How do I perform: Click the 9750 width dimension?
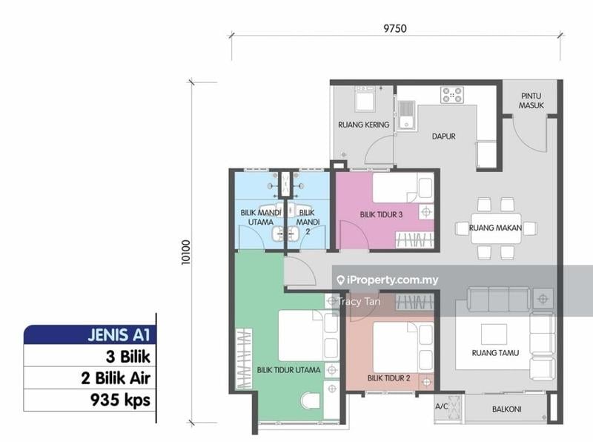tap(395, 28)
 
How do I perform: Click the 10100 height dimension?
tap(186, 252)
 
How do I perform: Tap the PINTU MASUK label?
tap(531, 101)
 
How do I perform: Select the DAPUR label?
tap(443, 136)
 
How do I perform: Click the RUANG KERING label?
tap(363, 125)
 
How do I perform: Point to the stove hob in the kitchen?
tap(452, 95)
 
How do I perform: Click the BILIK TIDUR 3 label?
tap(381, 214)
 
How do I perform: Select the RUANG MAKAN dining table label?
tap(495, 228)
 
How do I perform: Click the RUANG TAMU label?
tap(495, 353)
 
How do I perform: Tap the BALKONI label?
tap(506, 409)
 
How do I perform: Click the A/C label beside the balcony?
tap(441, 406)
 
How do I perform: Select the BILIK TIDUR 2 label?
tap(388, 378)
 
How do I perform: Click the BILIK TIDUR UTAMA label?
tap(288, 370)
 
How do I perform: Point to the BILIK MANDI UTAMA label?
tap(261, 217)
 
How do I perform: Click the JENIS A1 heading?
tap(119, 335)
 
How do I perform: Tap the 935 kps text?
tap(120, 400)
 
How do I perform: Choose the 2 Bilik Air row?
tap(116, 378)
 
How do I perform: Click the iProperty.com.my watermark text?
tap(387, 280)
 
